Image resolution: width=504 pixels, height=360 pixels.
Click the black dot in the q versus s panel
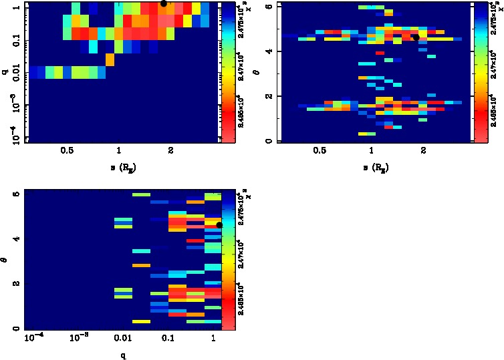tap(163, 3)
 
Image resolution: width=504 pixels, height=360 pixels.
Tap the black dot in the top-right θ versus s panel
tap(416, 37)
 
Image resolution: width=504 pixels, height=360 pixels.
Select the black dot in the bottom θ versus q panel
tap(219, 225)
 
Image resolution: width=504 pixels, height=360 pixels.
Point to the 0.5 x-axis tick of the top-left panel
tap(66, 151)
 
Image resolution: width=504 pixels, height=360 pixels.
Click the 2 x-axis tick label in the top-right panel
tap(424, 151)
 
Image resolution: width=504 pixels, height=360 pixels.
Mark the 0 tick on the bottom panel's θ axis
tap(16, 329)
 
